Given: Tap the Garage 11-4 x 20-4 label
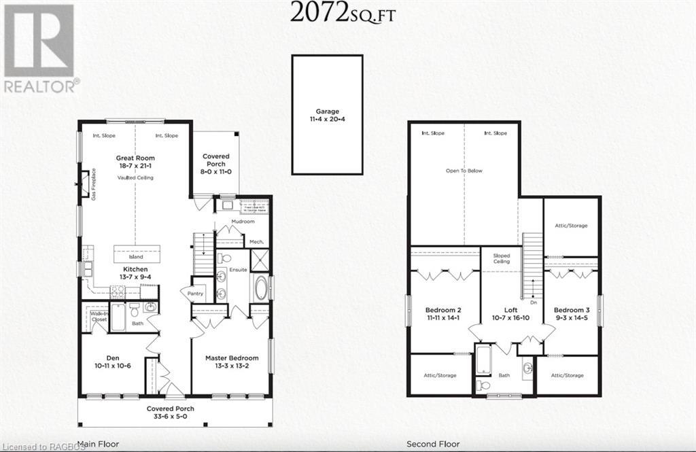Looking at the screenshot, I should click(x=327, y=115).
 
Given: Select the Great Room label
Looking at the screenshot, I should click(x=135, y=162).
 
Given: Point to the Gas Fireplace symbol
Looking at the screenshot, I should click(x=84, y=184).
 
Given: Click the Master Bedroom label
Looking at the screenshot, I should click(x=232, y=362).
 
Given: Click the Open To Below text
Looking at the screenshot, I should click(x=464, y=171).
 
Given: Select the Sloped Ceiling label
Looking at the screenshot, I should click(x=502, y=259).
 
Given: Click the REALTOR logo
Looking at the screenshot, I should click(x=39, y=48).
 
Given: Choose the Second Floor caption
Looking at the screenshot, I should click(x=431, y=445).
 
